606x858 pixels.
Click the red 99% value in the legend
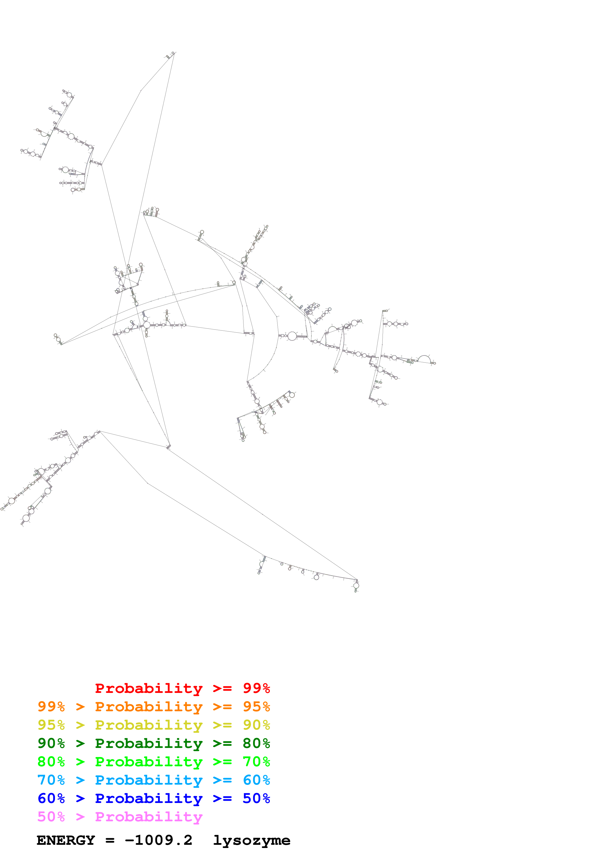pyautogui.click(x=256, y=688)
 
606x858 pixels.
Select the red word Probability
pyautogui.click(x=149, y=688)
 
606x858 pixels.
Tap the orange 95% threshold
pyautogui.click(x=256, y=707)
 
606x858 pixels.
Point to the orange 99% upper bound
pyautogui.click(x=51, y=707)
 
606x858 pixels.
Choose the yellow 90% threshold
pyautogui.click(x=256, y=725)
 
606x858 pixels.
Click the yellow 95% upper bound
pyautogui.click(x=51, y=725)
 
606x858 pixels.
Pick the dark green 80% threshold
pyautogui.click(x=256, y=743)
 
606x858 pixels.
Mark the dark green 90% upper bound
pyautogui.click(x=51, y=743)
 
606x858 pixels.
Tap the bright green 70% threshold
pyautogui.click(x=256, y=762)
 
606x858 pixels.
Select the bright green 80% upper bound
pyautogui.click(x=51, y=762)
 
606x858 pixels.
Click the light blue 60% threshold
pyautogui.click(x=256, y=780)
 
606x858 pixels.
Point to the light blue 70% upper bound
pyautogui.click(x=51, y=780)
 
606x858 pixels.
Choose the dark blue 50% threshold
pyautogui.click(x=256, y=798)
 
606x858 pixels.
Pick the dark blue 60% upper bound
pyautogui.click(x=51, y=798)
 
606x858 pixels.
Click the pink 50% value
pyautogui.click(x=51, y=816)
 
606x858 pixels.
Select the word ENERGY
pyautogui.click(x=66, y=840)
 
